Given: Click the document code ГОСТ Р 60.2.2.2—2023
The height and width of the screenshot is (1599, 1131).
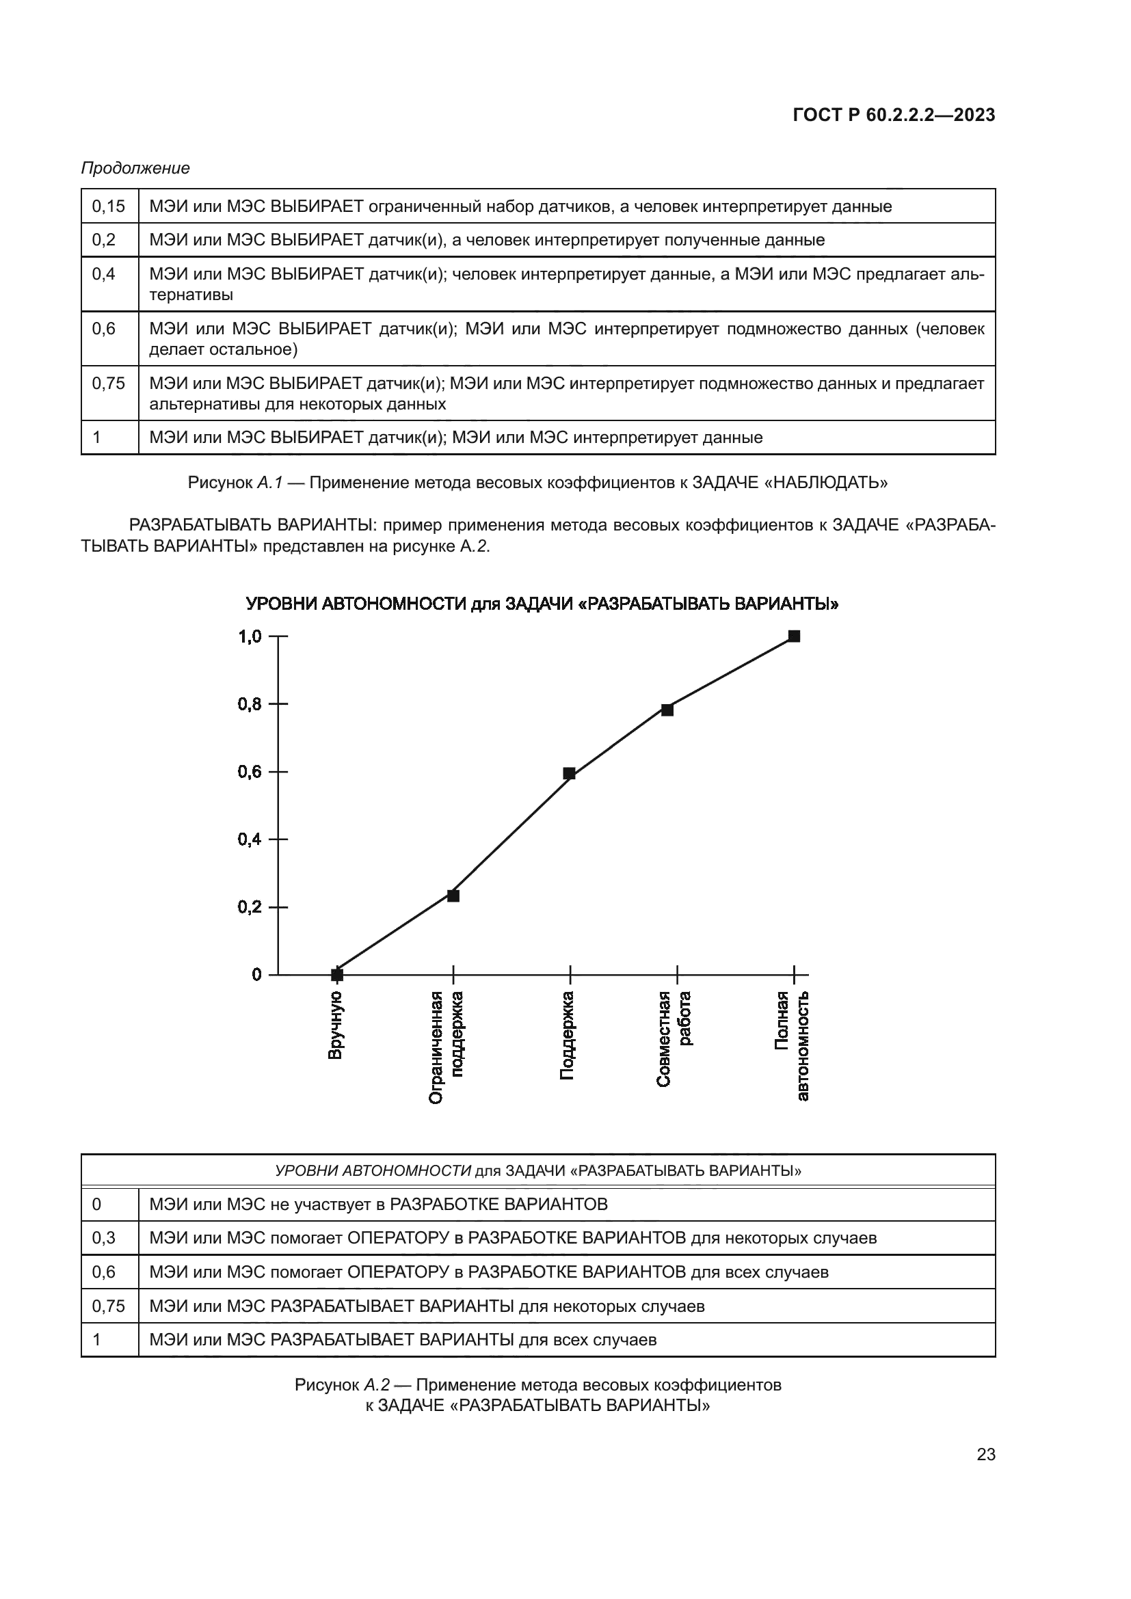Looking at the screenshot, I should [894, 115].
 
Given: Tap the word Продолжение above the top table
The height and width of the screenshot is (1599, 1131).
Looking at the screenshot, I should [135, 168].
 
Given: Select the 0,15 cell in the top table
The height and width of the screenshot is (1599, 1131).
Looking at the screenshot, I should [109, 206].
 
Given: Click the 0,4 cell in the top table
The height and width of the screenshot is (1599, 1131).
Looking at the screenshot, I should [105, 273].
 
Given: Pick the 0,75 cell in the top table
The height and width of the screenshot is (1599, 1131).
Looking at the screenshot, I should [109, 383].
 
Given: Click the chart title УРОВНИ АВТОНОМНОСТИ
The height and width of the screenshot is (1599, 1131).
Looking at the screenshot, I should [542, 604].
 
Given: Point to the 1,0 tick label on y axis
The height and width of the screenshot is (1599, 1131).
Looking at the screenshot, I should [250, 636].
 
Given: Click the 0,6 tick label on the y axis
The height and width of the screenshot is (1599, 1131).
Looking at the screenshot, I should [250, 772].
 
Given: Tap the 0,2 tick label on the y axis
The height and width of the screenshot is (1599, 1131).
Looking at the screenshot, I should [250, 906].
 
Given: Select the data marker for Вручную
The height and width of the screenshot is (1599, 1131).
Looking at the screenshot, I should [337, 974].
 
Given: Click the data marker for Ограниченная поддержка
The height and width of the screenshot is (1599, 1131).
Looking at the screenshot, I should [453, 896].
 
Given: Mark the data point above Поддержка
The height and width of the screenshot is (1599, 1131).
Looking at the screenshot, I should [569, 774].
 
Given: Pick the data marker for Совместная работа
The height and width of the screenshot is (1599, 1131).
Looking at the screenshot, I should [667, 710].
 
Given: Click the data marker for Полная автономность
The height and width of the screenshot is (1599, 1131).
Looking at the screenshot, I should [794, 636].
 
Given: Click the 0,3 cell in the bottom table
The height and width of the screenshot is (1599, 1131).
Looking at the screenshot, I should [105, 1237].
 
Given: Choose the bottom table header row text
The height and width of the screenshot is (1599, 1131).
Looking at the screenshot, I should [537, 1170].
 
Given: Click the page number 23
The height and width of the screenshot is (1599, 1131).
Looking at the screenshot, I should [985, 1454].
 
